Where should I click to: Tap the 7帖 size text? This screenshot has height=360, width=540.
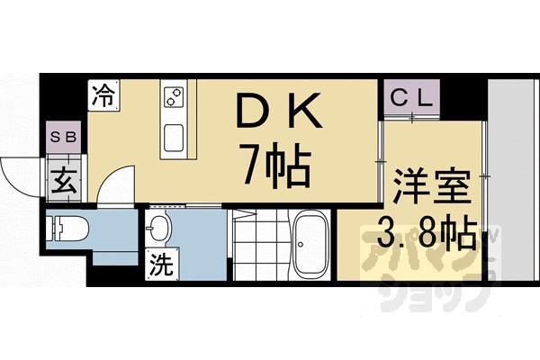tap(274, 166)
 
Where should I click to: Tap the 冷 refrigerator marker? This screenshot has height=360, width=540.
tap(103, 93)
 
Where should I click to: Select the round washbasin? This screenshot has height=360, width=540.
tap(160, 230)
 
